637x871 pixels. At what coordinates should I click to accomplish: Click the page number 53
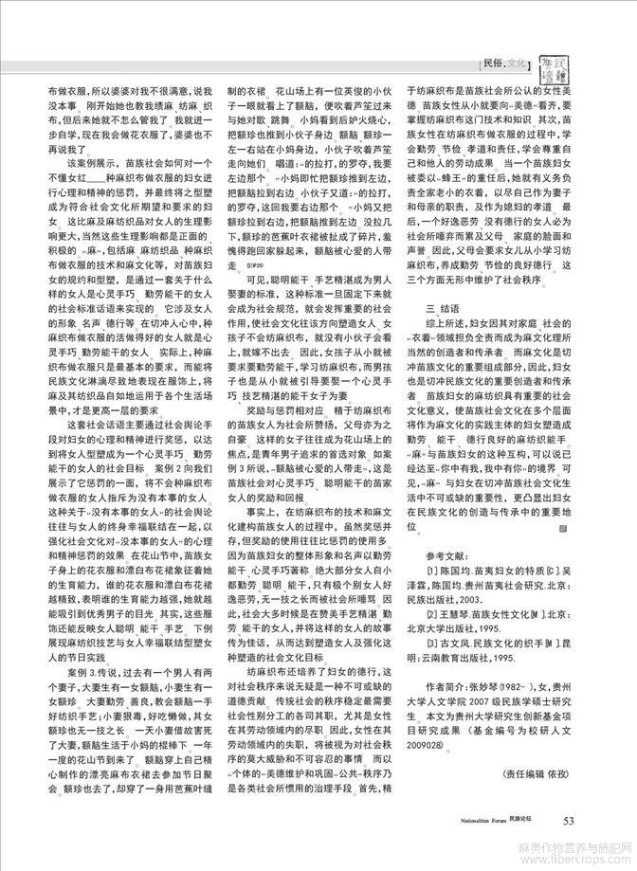click(x=570, y=820)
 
